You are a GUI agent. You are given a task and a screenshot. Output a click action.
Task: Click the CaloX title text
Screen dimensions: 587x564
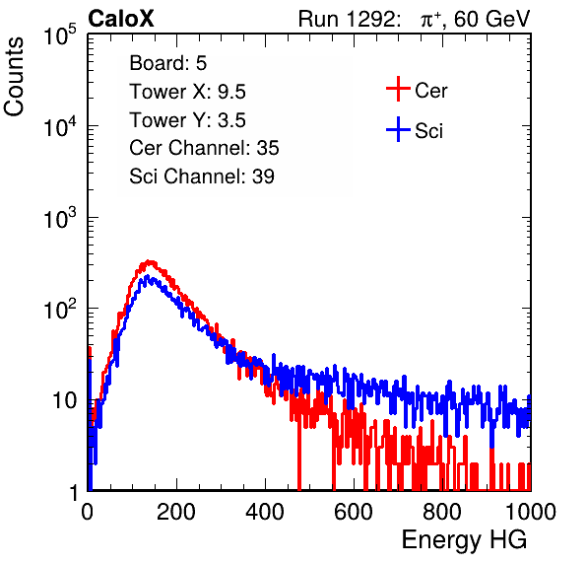click(x=121, y=19)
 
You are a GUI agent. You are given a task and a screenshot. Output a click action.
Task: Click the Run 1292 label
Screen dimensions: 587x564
click(x=347, y=19)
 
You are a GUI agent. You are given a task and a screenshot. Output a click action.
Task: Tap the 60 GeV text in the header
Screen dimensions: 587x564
click(x=491, y=19)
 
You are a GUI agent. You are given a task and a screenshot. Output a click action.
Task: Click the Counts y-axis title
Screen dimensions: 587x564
click(x=14, y=77)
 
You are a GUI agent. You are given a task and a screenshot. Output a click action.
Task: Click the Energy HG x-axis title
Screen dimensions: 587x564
click(x=464, y=540)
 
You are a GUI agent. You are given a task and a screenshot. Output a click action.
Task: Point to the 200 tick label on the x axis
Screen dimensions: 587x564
click(x=176, y=512)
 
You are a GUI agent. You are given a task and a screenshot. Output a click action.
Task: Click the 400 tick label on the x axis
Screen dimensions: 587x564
click(x=265, y=512)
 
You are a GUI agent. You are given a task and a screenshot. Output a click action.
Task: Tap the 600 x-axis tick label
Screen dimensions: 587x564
click(x=354, y=512)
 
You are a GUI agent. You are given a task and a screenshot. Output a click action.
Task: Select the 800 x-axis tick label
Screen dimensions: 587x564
click(x=442, y=512)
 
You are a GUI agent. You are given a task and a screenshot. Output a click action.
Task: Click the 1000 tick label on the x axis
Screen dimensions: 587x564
click(x=531, y=512)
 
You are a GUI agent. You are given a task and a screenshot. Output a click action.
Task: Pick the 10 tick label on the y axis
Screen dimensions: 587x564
click(x=65, y=400)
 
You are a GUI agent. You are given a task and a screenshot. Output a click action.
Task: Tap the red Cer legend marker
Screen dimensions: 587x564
click(x=398, y=89)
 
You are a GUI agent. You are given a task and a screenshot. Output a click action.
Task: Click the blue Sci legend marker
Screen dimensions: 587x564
click(x=398, y=129)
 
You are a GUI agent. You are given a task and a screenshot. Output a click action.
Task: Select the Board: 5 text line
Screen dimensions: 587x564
click(x=168, y=63)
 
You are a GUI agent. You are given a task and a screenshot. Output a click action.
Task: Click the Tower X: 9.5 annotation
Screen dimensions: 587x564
click(x=187, y=92)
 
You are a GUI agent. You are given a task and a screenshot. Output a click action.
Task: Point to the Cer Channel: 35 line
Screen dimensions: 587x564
click(x=204, y=148)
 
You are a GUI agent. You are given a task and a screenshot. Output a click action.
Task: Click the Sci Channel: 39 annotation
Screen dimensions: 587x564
click(x=202, y=176)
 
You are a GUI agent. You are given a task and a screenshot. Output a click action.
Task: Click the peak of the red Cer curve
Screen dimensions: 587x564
click(x=150, y=261)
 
